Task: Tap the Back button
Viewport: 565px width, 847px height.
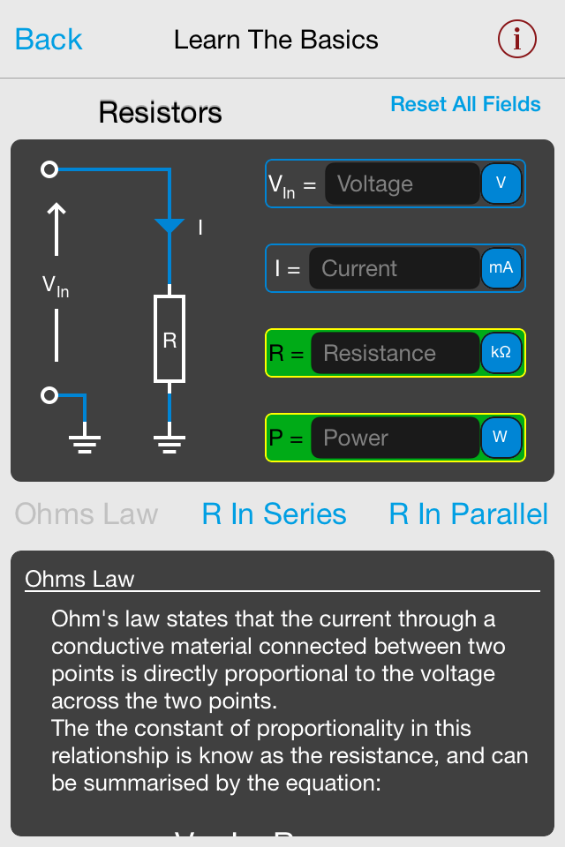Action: click(x=49, y=40)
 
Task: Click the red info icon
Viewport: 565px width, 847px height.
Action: click(x=517, y=39)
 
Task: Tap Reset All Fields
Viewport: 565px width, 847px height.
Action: click(x=465, y=104)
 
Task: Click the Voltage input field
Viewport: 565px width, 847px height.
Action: click(x=402, y=184)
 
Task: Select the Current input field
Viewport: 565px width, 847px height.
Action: click(x=393, y=268)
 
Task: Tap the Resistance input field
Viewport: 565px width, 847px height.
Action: click(x=394, y=353)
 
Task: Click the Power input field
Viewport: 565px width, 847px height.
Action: click(x=394, y=438)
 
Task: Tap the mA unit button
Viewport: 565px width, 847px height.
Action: click(x=501, y=268)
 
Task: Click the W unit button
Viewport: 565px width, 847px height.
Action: click(x=501, y=438)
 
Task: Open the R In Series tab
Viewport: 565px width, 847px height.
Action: click(x=274, y=514)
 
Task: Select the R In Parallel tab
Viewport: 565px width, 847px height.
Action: click(x=468, y=514)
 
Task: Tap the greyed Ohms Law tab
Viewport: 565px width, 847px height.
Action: click(x=87, y=514)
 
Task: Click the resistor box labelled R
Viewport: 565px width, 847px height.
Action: click(x=169, y=340)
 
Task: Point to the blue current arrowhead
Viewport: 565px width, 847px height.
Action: click(x=169, y=227)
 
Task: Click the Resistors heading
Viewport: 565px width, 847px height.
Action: click(x=160, y=113)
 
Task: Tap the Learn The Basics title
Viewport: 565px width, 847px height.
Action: click(x=275, y=40)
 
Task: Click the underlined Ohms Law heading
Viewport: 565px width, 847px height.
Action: click(x=80, y=579)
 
